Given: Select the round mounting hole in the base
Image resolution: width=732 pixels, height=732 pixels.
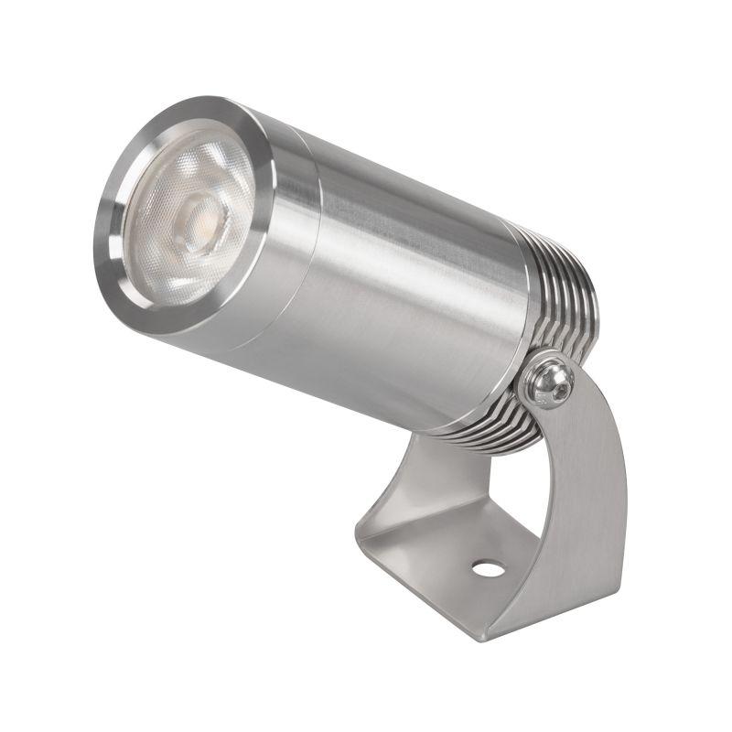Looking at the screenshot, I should (488, 568).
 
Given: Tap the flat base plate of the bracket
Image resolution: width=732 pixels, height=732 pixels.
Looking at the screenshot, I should (439, 549).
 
